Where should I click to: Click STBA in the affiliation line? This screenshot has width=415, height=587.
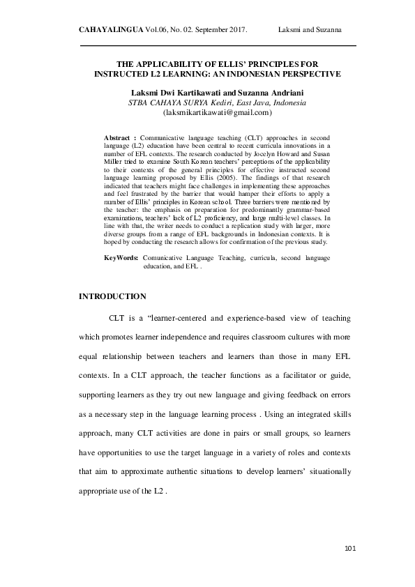click(x=139, y=102)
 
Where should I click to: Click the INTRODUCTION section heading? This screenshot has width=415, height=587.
click(x=113, y=297)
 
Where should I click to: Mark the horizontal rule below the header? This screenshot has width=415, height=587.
click(x=218, y=46)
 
